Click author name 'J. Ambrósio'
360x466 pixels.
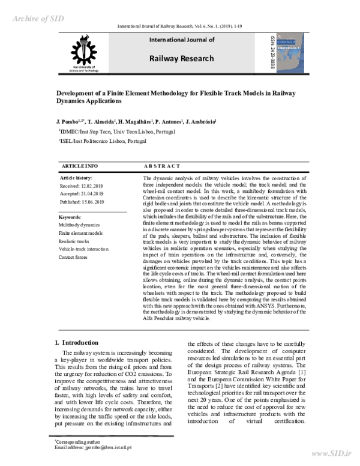coord(202,121)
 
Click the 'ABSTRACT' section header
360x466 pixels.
coord(161,166)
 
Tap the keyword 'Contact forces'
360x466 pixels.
coord(74,256)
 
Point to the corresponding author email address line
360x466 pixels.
coord(93,447)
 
